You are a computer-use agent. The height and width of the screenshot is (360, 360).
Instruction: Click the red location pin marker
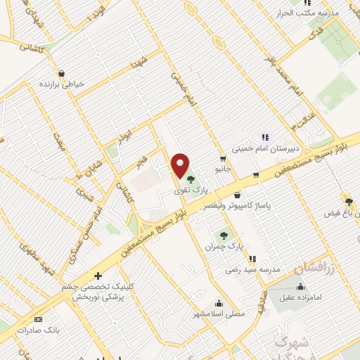click(181, 166)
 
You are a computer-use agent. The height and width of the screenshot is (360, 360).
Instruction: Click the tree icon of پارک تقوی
click(191, 179)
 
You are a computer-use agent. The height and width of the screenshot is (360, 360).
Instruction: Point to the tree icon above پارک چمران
click(224, 236)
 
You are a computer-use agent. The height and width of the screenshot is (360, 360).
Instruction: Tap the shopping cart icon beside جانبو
click(223, 159)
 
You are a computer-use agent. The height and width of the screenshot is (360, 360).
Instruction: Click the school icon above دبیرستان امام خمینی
click(265, 137)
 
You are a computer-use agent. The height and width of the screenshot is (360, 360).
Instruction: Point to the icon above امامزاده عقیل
click(301, 286)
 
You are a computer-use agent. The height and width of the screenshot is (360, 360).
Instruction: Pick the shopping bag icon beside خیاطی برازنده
click(62, 72)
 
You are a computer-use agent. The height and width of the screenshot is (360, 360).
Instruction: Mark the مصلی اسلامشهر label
click(219, 314)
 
